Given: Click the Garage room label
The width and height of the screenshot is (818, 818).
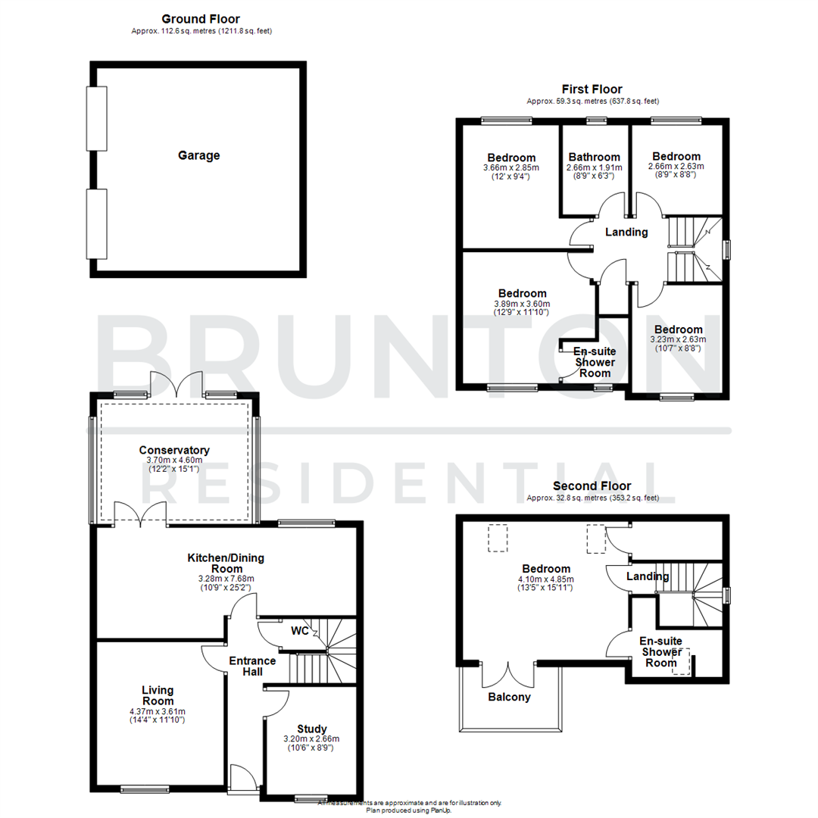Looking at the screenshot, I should (198, 155).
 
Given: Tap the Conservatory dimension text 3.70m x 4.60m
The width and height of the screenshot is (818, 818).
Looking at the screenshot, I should (174, 460).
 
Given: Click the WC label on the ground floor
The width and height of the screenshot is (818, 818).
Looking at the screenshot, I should (299, 631).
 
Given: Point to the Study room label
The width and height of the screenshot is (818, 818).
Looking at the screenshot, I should (311, 729).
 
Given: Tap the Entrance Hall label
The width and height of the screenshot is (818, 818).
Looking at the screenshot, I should (252, 666).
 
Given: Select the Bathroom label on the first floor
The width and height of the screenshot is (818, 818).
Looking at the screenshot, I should (595, 157).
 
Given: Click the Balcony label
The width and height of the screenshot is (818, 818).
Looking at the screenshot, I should (510, 697).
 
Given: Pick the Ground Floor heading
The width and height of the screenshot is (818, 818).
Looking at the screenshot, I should (201, 18).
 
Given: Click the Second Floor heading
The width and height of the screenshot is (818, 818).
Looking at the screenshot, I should (592, 485).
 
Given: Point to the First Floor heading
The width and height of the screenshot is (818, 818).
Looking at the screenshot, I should (592, 89).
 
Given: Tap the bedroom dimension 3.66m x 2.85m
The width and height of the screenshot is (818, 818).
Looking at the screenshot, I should (511, 167).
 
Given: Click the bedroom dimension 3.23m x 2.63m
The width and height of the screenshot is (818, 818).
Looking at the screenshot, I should (678, 339).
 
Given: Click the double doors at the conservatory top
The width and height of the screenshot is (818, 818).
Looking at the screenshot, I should (176, 384).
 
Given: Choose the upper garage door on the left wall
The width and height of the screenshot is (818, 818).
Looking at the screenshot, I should (96, 119).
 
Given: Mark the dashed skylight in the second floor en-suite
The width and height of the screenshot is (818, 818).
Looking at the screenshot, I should (681, 660).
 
